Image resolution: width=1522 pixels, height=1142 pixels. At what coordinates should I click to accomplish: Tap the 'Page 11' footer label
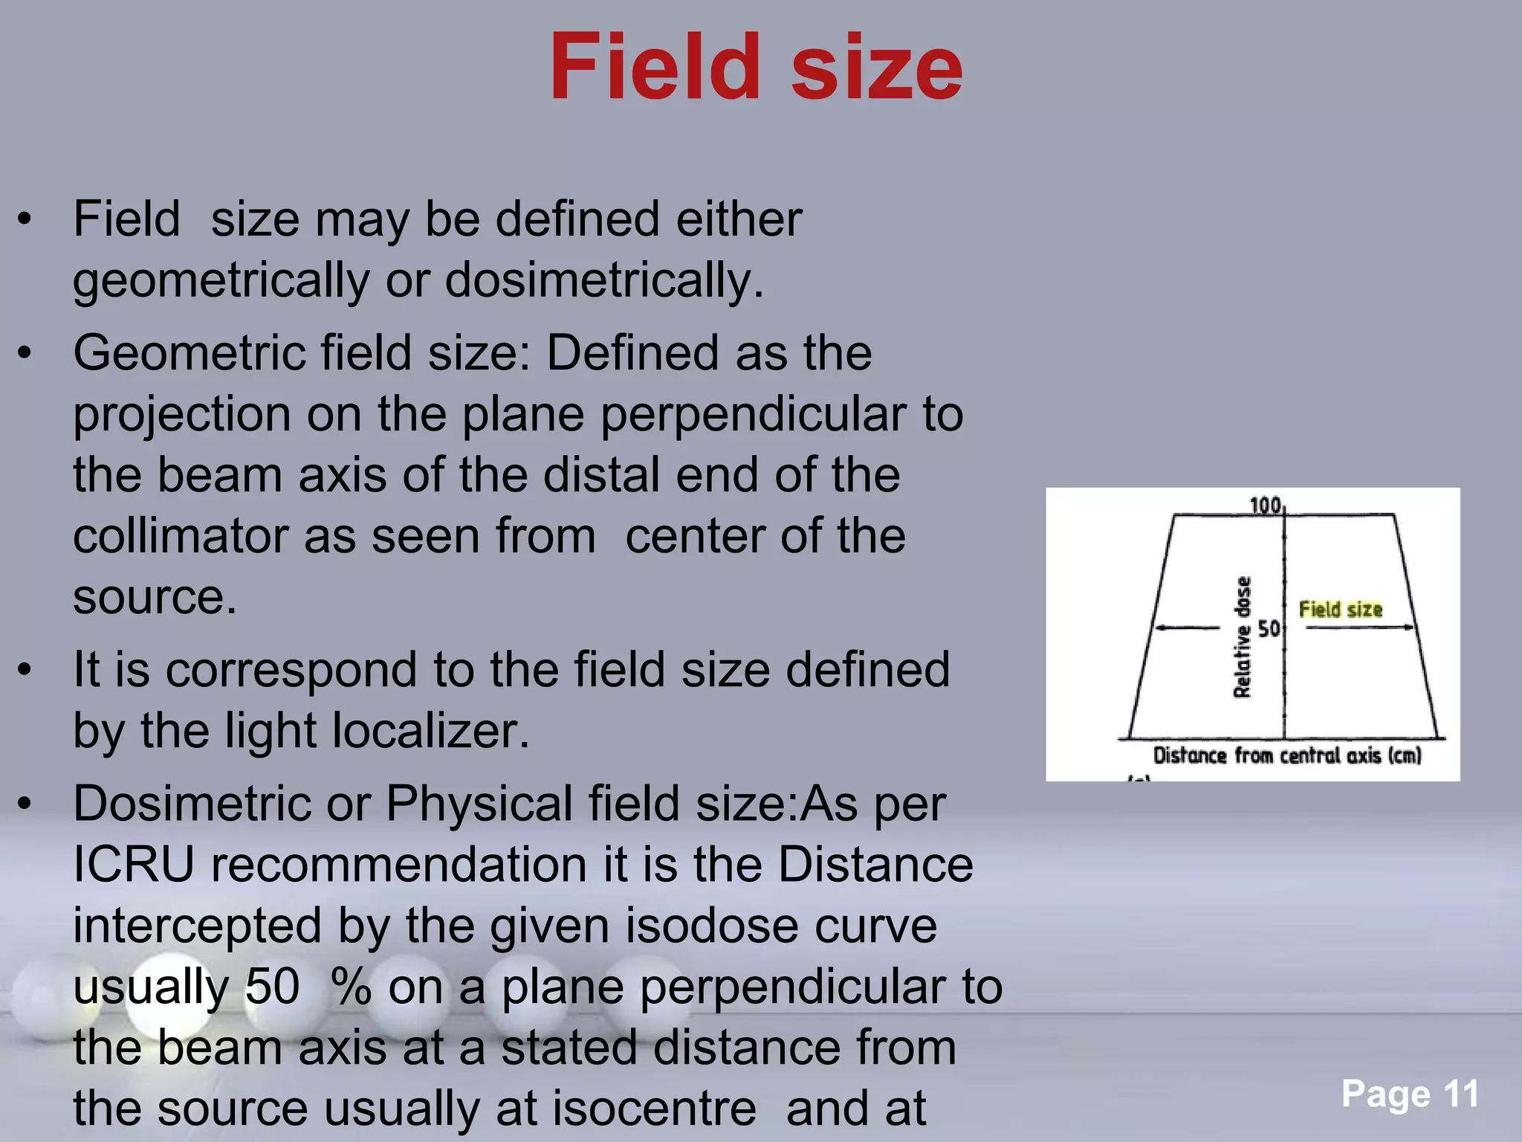click(x=1410, y=1094)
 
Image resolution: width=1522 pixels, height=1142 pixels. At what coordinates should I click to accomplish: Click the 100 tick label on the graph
click(x=1265, y=506)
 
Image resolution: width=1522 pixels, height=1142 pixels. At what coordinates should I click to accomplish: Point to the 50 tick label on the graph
click(x=1269, y=629)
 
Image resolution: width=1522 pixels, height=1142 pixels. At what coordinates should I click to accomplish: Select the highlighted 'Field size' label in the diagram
click(x=1340, y=610)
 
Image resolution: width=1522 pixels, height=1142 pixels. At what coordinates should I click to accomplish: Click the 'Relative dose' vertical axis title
click(x=1243, y=637)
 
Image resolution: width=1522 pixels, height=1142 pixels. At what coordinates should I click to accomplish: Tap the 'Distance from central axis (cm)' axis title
click(x=1286, y=756)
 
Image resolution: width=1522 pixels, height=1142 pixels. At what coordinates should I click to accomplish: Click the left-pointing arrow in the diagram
click(x=1187, y=628)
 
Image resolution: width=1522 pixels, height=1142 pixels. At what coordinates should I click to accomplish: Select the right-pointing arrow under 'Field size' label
click(x=1360, y=628)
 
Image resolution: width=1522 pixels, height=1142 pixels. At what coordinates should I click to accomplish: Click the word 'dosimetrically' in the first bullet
click(x=603, y=280)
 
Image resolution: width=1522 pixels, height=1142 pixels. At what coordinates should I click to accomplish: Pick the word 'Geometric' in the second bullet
click(x=189, y=352)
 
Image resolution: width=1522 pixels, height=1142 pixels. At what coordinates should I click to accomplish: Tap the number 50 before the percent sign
click(x=272, y=987)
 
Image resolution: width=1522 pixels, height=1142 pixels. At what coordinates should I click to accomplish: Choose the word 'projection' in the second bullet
click(x=182, y=414)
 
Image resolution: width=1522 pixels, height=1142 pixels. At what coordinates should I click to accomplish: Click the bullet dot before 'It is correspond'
click(x=25, y=670)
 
